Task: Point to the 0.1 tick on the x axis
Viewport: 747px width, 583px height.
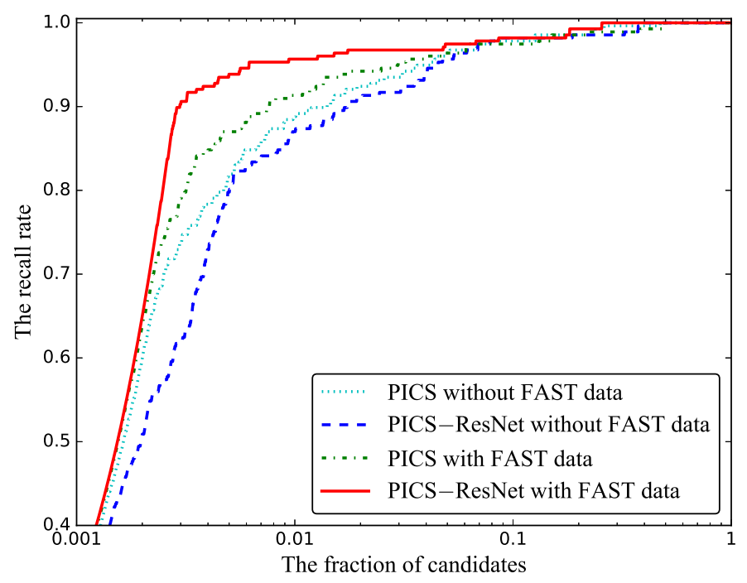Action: (513, 539)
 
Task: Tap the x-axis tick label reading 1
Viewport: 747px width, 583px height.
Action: (730, 539)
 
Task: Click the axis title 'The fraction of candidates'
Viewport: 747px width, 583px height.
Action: (404, 566)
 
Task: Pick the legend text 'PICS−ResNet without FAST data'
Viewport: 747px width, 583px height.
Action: (549, 426)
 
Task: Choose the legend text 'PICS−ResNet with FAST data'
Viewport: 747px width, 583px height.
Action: (533, 490)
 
